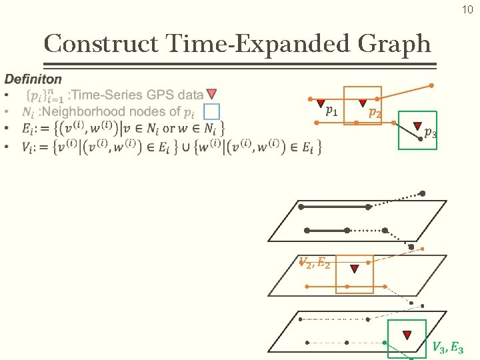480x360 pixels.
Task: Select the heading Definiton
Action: pyautogui.click(x=33, y=79)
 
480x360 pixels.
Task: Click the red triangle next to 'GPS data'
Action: pyautogui.click(x=211, y=94)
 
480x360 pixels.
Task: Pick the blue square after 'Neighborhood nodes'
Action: pyautogui.click(x=211, y=111)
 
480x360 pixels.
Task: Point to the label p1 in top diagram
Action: pyautogui.click(x=331, y=111)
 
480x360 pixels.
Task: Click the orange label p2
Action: pyautogui.click(x=376, y=113)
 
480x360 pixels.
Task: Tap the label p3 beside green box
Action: pyautogui.click(x=431, y=133)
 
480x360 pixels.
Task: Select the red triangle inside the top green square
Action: pyautogui.click(x=417, y=125)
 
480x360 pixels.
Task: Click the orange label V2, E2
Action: pyautogui.click(x=313, y=263)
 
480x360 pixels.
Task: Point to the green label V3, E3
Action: pyautogui.click(x=447, y=347)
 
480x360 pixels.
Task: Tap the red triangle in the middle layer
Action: pyautogui.click(x=355, y=269)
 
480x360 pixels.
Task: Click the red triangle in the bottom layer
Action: pyautogui.click(x=406, y=335)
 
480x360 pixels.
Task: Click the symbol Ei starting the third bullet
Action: pyautogui.click(x=27, y=127)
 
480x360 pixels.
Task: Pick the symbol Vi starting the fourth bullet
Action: pyautogui.click(x=27, y=147)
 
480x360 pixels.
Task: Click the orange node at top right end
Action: pyautogui.click(x=431, y=85)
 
